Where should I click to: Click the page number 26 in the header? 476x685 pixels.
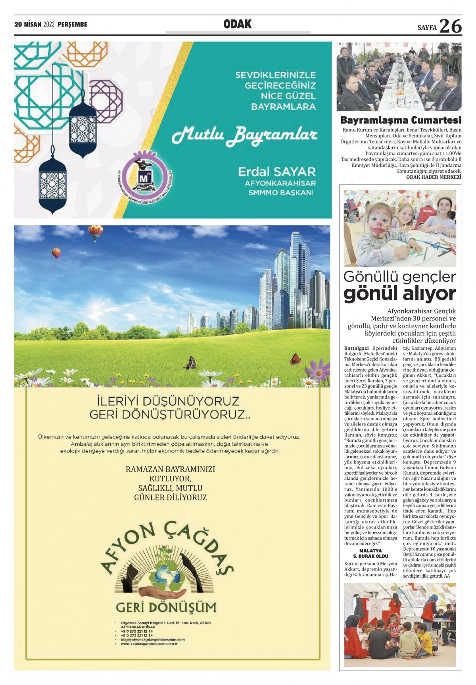tap(450, 26)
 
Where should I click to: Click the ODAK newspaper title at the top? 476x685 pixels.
tap(238, 24)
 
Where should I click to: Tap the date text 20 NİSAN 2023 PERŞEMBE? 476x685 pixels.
tap(51, 25)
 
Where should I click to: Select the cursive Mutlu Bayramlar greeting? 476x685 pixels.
tap(244, 135)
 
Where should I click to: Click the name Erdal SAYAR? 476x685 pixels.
tap(276, 172)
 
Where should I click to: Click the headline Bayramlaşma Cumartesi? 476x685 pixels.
tap(401, 120)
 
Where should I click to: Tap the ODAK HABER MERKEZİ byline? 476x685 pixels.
tap(434, 177)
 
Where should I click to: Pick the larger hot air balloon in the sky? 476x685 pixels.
tap(95, 232)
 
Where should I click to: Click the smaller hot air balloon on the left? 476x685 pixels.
tap(56, 253)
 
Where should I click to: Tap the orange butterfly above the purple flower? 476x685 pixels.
tap(295, 359)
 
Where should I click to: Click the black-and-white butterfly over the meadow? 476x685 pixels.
tap(191, 363)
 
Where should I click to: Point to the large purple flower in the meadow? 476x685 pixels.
tap(318, 370)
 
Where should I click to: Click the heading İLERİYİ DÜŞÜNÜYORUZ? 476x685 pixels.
tap(168, 401)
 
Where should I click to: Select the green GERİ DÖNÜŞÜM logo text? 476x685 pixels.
tap(166, 607)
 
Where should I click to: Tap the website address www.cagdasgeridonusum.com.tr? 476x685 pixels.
tap(149, 644)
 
